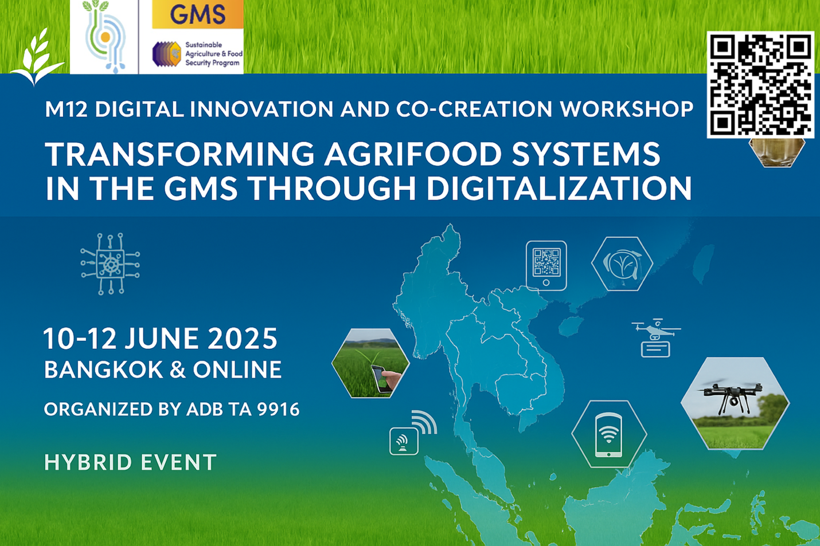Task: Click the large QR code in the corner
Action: click(x=760, y=85)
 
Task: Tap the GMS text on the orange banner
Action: click(x=198, y=14)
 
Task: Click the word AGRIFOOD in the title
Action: click(x=413, y=154)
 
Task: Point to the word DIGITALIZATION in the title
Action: click(x=559, y=188)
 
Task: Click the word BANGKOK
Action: click(x=103, y=370)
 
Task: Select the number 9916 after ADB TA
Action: click(x=279, y=409)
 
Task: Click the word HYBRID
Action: click(x=88, y=462)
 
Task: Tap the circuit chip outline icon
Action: click(x=110, y=264)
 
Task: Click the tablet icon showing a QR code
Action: click(x=546, y=265)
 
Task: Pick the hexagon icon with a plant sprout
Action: click(x=622, y=264)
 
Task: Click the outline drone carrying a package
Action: click(x=655, y=337)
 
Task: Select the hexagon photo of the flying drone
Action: click(x=735, y=403)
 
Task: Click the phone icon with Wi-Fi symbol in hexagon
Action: click(x=609, y=434)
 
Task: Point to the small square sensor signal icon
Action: click(x=404, y=441)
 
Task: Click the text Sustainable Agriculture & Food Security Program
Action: click(x=214, y=54)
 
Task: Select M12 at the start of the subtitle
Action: click(x=67, y=109)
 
